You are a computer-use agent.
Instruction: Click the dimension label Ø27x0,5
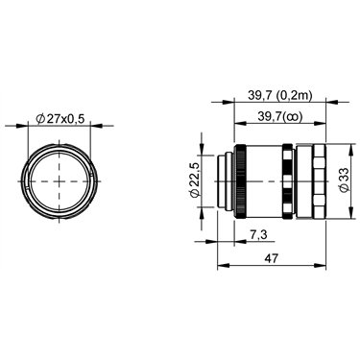pos(60,119)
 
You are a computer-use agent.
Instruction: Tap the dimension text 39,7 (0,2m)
pos(279,95)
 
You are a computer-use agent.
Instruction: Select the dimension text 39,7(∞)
pos(279,117)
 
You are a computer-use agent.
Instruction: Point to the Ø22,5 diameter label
pos(195,180)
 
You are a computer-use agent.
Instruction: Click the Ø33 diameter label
pos(345,180)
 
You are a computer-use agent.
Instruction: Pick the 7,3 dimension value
pos(258,235)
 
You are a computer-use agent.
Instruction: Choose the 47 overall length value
pos(272,258)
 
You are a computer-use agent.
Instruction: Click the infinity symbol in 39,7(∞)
pos(294,117)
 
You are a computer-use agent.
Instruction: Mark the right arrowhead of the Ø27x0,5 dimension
pos(97,126)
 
